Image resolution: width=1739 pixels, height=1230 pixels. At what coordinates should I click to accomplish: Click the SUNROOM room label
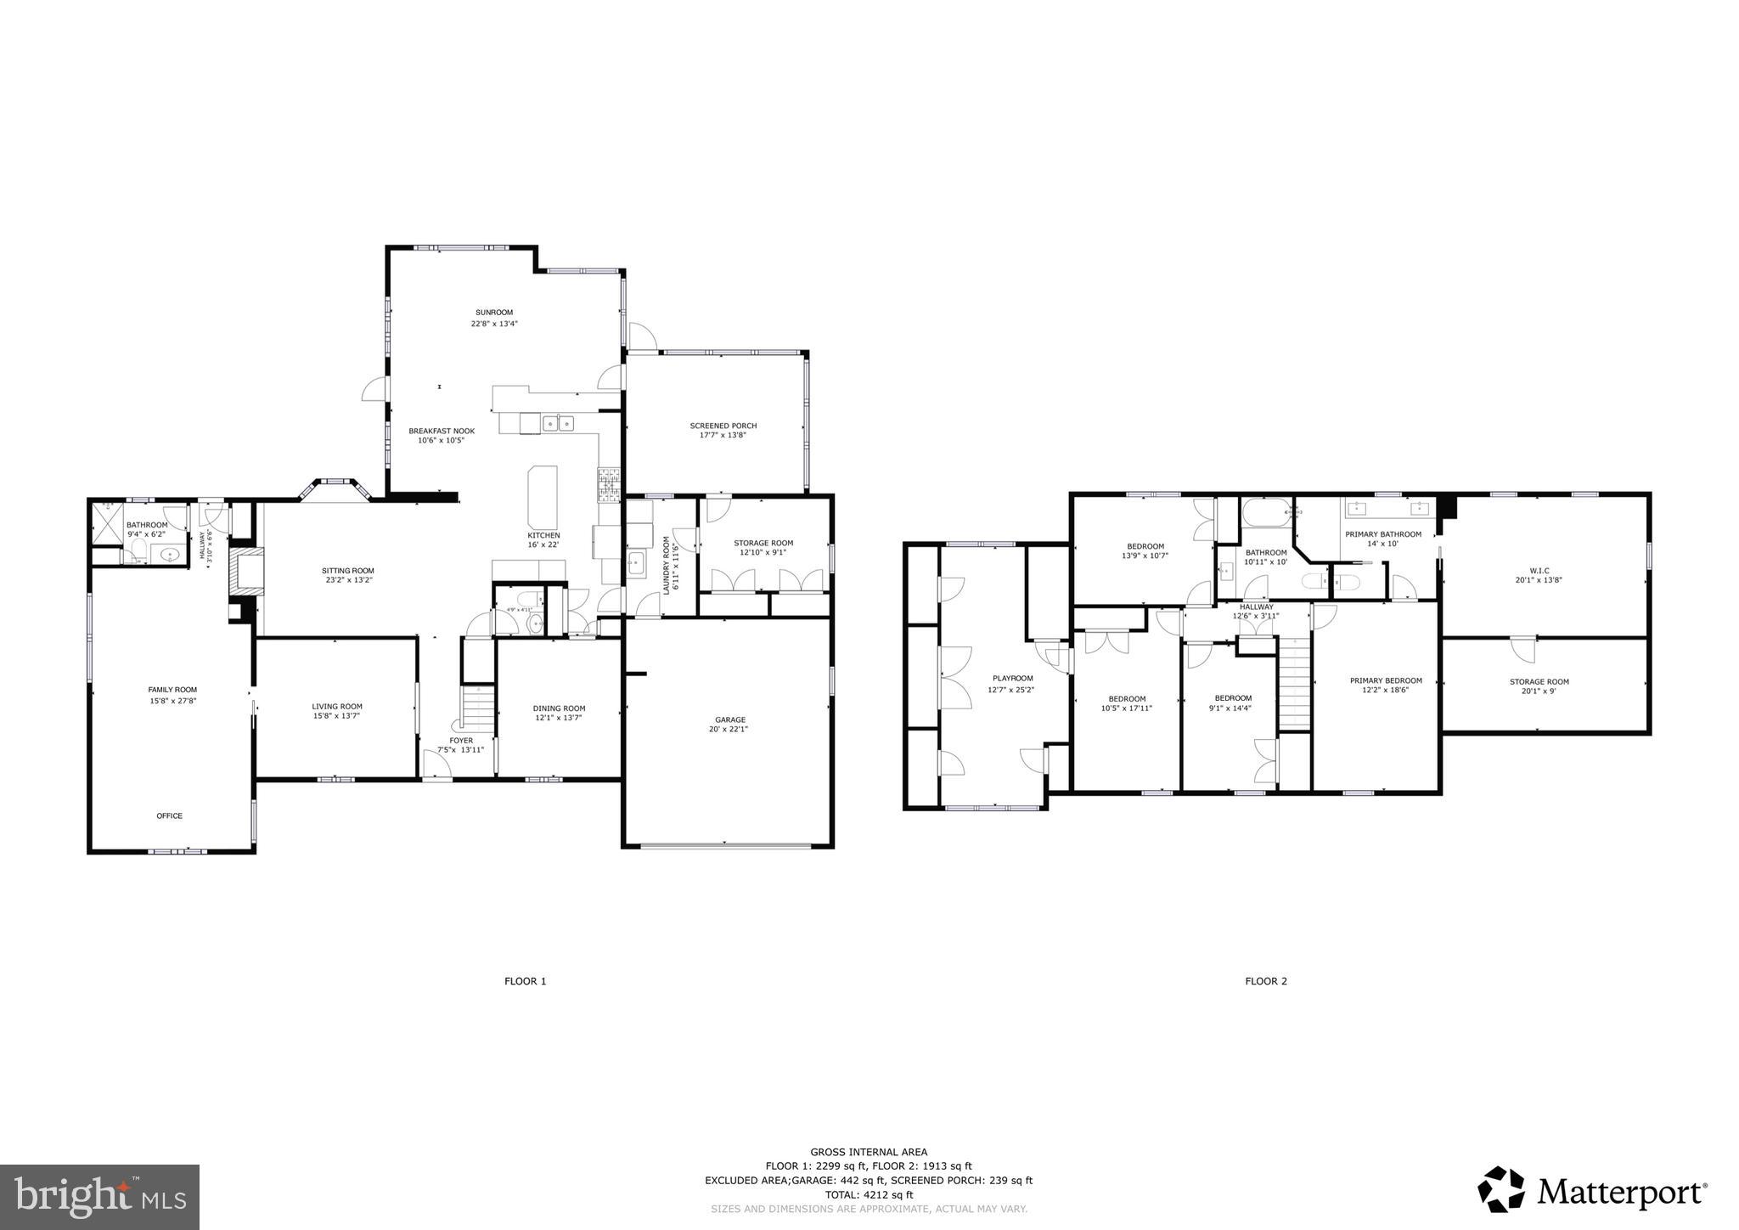click(494, 313)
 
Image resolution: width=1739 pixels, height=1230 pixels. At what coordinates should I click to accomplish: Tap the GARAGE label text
click(729, 719)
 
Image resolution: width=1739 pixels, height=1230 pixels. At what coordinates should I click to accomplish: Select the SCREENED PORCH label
click(723, 426)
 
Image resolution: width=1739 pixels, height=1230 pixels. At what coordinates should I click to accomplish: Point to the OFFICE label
click(169, 815)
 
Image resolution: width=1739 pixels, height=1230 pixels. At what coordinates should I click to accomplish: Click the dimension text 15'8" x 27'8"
click(172, 701)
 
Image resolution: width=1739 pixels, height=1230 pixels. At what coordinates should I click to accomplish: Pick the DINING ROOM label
click(559, 708)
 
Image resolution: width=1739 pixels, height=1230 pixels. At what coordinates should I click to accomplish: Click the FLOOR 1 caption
click(525, 981)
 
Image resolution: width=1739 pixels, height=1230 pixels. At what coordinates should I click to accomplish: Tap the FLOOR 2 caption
click(1265, 981)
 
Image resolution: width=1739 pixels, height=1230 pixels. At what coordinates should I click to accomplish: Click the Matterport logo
click(1592, 1192)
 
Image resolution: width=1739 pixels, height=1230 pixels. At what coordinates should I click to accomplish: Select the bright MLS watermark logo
click(99, 1197)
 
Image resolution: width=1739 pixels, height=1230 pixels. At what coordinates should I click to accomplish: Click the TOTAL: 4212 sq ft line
click(869, 1194)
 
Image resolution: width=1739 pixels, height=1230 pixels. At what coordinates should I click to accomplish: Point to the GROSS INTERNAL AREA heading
click(869, 1152)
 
